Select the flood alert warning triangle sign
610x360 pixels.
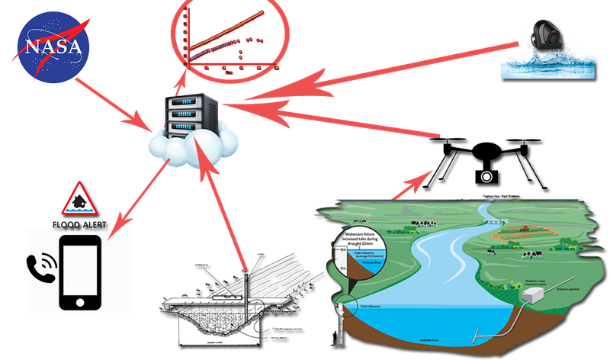point(78,201)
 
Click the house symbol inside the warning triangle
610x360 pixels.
point(78,202)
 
